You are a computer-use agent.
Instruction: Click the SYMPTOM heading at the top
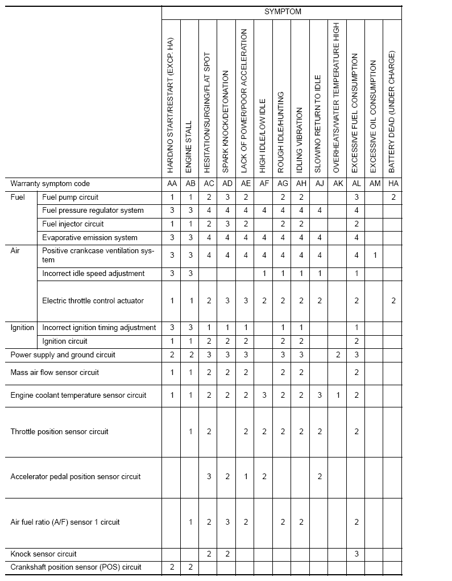(x=283, y=11)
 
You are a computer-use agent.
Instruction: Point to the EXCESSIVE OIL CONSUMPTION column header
(x=374, y=116)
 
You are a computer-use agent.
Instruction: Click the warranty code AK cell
(x=338, y=184)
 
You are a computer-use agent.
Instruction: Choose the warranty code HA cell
(x=393, y=184)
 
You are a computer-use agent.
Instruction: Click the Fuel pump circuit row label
(x=70, y=197)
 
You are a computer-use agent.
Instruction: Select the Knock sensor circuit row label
(x=43, y=554)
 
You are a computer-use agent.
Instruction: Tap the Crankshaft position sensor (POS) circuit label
(x=76, y=567)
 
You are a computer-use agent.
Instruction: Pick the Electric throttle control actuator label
(x=93, y=300)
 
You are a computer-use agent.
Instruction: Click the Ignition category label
(x=22, y=327)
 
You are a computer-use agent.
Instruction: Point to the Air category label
(x=15, y=250)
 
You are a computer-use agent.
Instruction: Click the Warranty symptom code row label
(x=50, y=184)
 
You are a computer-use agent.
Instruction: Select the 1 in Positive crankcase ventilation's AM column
(x=375, y=256)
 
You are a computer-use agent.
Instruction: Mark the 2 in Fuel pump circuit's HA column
(x=393, y=197)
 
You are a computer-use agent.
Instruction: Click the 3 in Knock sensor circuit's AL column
(x=356, y=554)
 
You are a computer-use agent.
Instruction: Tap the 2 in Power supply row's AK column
(x=338, y=355)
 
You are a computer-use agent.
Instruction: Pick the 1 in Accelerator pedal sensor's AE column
(x=246, y=476)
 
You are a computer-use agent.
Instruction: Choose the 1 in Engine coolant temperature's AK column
(x=338, y=395)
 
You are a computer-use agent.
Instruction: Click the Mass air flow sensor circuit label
(x=55, y=372)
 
